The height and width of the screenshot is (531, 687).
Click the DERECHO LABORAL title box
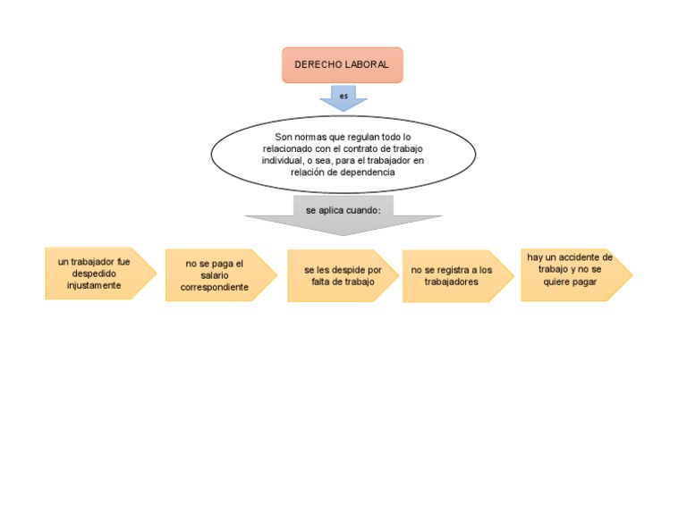click(x=343, y=65)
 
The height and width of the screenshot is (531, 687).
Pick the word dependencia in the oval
click(x=366, y=173)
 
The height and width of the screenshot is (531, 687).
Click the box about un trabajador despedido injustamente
click(x=94, y=274)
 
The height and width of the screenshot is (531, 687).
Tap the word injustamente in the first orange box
click(x=94, y=286)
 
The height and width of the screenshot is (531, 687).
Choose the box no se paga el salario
click(x=215, y=275)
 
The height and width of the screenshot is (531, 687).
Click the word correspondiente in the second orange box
click(x=215, y=288)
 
